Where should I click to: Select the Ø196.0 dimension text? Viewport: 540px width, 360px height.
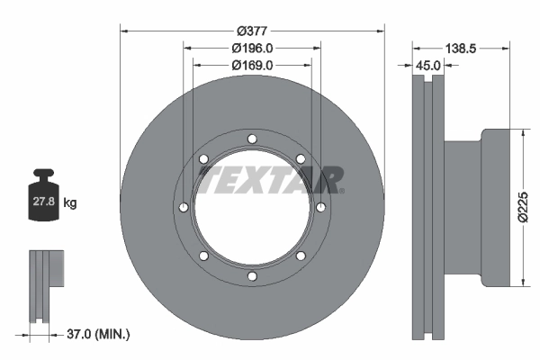point(252,48)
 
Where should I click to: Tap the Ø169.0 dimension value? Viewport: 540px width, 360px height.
point(252,65)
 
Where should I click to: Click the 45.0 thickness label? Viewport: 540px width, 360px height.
point(427,65)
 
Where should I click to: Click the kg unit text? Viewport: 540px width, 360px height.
point(70,203)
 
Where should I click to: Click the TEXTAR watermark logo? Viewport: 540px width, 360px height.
point(271,179)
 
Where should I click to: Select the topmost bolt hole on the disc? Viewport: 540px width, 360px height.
point(252,139)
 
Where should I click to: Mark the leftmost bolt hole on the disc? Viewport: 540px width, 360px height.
point(184,208)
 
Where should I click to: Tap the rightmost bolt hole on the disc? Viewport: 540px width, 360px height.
point(321,208)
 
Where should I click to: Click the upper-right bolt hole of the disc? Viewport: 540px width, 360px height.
point(301,159)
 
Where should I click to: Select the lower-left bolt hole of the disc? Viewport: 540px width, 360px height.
point(203,256)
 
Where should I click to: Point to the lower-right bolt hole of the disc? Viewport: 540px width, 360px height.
point(301,256)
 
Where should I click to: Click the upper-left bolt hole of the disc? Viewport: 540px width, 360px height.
point(203,159)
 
